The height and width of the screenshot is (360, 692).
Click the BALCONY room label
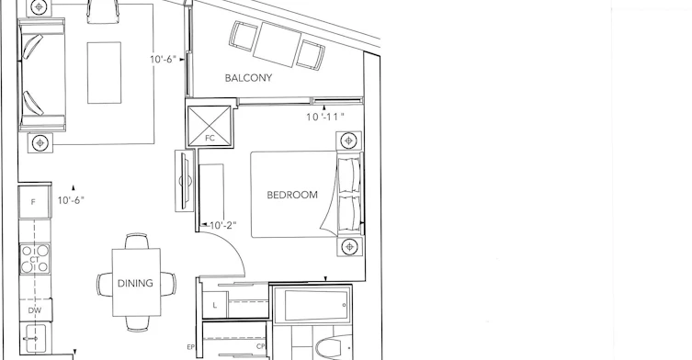(248, 78)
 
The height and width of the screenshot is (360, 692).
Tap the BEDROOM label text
(292, 195)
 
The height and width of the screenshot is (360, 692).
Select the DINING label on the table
(135, 283)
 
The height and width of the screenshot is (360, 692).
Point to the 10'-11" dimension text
(325, 117)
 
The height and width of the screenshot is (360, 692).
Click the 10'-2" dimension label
(223, 225)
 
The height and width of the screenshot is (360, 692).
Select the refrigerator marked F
(33, 202)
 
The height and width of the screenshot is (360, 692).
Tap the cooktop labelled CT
(34, 259)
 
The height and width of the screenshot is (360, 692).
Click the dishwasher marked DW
(35, 310)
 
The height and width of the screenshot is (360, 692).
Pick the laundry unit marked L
(215, 305)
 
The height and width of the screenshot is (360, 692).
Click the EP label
(190, 347)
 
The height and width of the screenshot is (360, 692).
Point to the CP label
(260, 347)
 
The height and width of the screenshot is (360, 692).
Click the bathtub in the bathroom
(312, 305)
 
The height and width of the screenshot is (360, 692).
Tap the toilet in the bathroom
(333, 349)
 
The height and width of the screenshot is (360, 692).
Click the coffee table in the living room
(104, 73)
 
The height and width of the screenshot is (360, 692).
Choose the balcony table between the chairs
(278, 45)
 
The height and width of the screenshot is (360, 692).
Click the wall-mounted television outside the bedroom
(185, 181)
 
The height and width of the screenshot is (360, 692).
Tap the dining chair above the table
(137, 242)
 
